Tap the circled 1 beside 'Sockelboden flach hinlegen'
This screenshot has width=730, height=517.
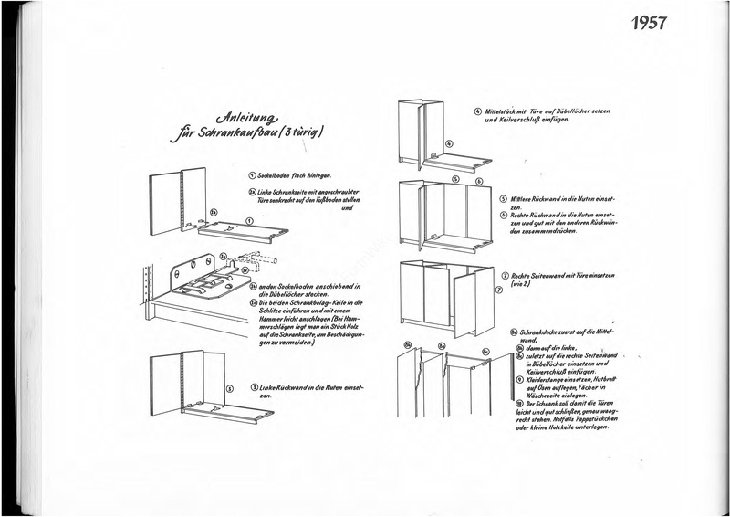(x=251, y=174)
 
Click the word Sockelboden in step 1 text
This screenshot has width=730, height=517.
(x=276, y=174)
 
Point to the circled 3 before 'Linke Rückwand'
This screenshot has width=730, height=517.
(x=253, y=387)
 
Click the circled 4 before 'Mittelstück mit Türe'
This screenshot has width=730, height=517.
(x=477, y=111)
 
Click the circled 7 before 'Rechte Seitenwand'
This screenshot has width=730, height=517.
(x=505, y=275)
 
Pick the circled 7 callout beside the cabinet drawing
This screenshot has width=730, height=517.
(x=499, y=290)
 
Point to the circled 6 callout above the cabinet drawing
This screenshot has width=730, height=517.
(x=479, y=181)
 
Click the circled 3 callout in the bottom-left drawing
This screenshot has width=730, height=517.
(x=230, y=388)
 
